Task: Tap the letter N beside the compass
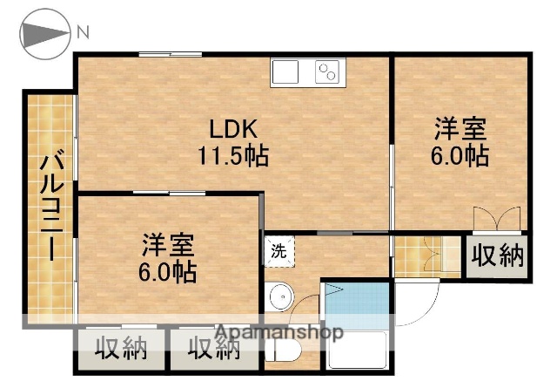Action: pos(83,34)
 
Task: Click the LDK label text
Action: pos(231,128)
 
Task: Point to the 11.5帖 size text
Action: pos(231,157)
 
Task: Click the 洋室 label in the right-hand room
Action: pos(460,130)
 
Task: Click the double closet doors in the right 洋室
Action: pos(497,218)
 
